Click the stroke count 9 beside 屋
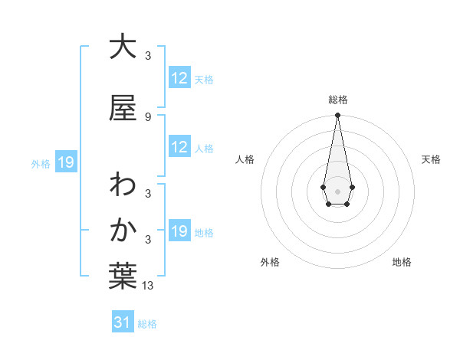[147, 117]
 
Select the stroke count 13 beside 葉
[149, 286]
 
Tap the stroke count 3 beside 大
[147, 55]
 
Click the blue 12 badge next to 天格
[179, 78]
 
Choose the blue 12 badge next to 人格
[179, 147]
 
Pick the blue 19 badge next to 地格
[179, 231]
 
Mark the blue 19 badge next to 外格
[65, 162]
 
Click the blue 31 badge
[123, 323]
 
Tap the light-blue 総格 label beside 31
[147, 324]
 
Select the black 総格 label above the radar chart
[337, 100]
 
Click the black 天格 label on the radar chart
[432, 159]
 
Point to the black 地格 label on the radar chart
[402, 263]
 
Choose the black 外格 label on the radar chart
[270, 263]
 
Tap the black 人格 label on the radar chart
[245, 159]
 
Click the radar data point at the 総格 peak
[337, 115]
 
